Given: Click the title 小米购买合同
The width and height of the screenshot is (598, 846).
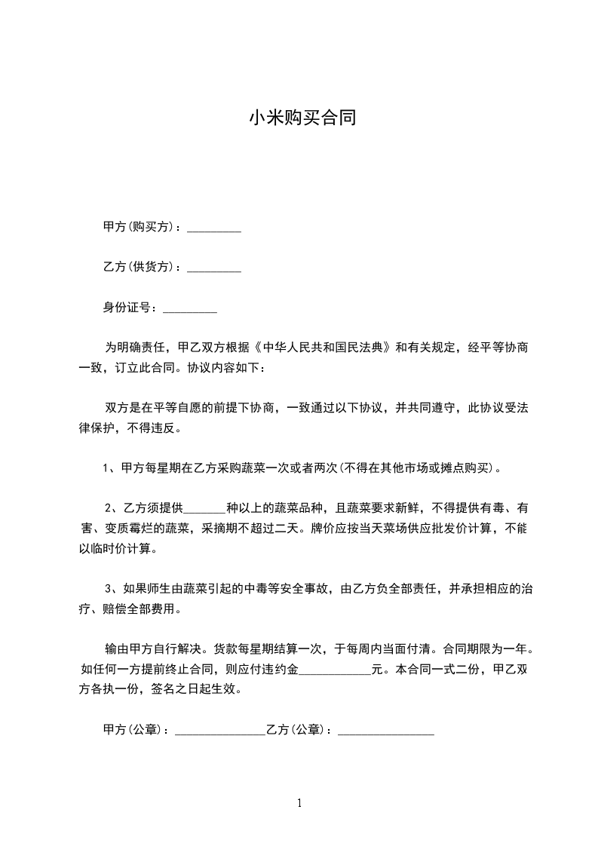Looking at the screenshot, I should [x=302, y=118].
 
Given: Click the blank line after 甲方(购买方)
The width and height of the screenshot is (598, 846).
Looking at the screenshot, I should [x=213, y=228].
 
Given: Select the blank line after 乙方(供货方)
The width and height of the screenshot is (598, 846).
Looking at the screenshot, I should [x=213, y=268].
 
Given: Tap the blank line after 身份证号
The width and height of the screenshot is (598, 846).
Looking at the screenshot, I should [x=190, y=308].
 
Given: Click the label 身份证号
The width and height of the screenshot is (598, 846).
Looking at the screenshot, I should [x=129, y=307].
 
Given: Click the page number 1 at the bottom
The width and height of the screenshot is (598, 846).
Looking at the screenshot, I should [x=299, y=804].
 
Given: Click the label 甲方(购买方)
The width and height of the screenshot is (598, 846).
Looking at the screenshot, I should [x=140, y=227].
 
